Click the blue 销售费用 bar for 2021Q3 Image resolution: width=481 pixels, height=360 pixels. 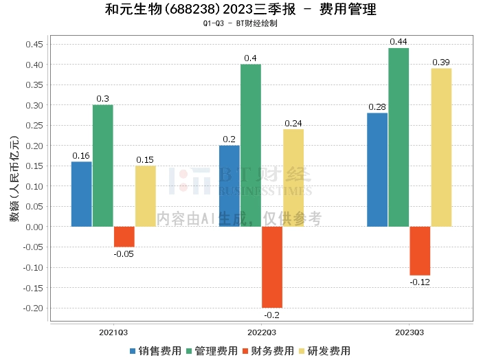81,194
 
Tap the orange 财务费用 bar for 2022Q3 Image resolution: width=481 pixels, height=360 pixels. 272,267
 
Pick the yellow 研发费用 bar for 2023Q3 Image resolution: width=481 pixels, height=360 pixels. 441,148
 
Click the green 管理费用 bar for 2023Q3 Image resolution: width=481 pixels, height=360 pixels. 399,137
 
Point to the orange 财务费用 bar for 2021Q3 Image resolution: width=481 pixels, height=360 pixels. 124,236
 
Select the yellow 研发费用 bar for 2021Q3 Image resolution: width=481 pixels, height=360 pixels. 146,196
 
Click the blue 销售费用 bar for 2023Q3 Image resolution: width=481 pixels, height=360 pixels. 377,170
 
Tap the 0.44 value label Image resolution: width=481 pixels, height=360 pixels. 399,42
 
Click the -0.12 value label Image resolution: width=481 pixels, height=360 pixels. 420,282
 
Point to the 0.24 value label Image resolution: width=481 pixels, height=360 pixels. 293,124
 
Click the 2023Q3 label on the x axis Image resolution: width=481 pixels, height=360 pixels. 410,332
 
